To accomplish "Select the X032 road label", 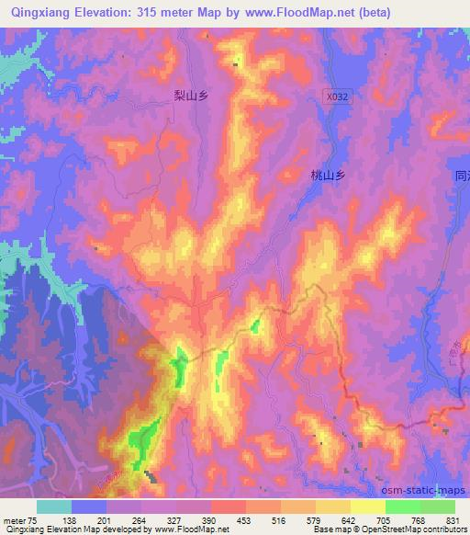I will (x=338, y=96).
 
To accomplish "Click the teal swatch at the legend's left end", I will (x=54, y=507).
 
